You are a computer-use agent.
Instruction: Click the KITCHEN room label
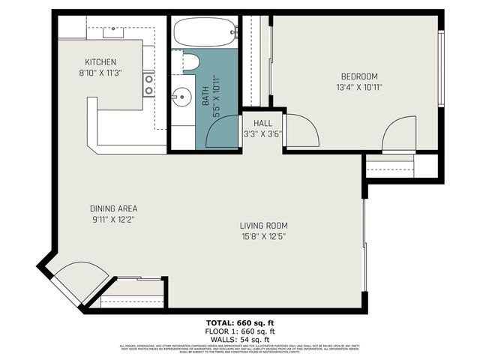100,62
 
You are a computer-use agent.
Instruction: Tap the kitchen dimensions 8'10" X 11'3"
100,73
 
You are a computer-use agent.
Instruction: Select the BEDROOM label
359,76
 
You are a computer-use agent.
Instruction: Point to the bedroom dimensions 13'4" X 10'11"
359,87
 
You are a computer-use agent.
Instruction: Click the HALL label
262,124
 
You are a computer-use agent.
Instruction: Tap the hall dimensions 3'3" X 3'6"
262,134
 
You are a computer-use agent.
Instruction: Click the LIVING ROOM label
263,226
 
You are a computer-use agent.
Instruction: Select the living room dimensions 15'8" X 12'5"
263,236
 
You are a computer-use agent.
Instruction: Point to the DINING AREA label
112,208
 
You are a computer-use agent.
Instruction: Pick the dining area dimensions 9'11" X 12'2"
112,220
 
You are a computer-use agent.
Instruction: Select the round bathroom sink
180,96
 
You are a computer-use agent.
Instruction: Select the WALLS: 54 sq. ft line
240,339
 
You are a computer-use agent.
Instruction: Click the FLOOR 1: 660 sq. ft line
240,331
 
